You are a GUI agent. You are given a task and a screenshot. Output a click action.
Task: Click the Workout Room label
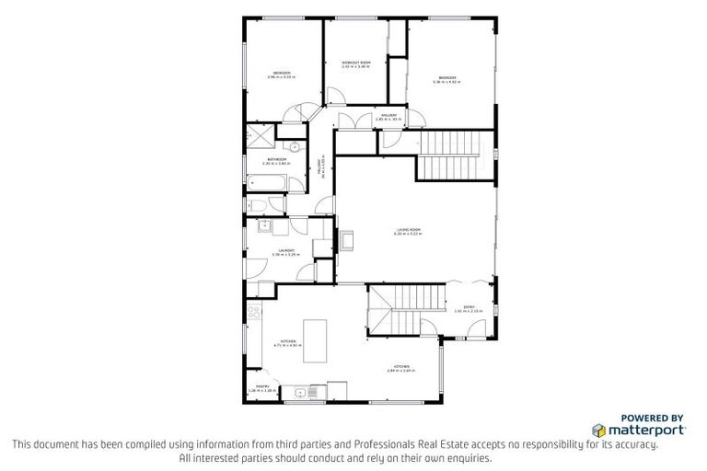click(x=356, y=63)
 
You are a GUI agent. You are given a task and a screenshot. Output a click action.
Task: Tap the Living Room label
click(x=408, y=232)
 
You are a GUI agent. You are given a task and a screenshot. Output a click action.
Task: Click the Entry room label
click(x=469, y=308)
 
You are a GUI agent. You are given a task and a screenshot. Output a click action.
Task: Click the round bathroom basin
click(x=295, y=145)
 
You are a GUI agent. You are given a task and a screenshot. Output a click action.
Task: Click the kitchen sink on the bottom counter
click(x=301, y=394)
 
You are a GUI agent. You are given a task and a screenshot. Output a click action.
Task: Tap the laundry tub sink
click(x=264, y=224)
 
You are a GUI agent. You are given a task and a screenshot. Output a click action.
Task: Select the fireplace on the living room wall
click(x=347, y=241)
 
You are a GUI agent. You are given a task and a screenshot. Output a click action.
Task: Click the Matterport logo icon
click(x=598, y=429)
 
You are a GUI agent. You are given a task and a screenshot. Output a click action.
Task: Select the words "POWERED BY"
click(x=652, y=417)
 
